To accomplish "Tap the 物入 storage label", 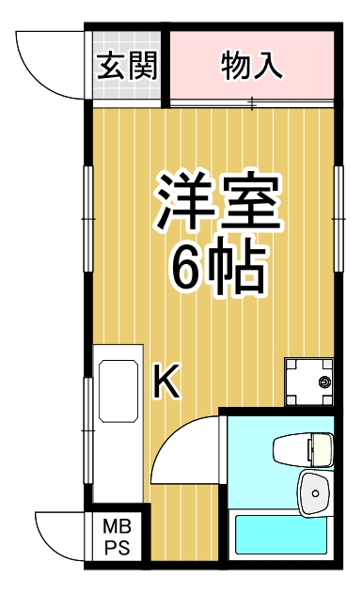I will [252, 65].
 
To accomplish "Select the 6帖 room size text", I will [215, 270].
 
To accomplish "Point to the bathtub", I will [282, 538].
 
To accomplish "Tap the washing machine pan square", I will [308, 382].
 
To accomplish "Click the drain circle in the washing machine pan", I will [325, 383].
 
